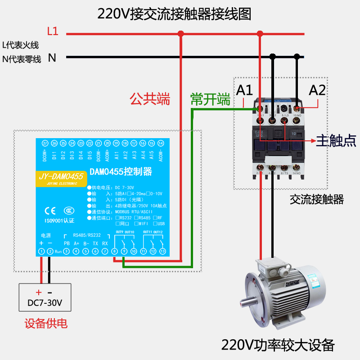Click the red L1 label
(x=53, y=31)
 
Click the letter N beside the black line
(x=52, y=58)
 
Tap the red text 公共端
(x=150, y=99)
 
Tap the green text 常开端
(x=210, y=99)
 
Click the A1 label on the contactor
(x=245, y=90)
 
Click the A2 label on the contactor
(x=317, y=90)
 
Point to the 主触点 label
(x=337, y=140)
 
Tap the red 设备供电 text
(x=46, y=324)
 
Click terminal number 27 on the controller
(x=45, y=143)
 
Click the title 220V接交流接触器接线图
(x=175, y=13)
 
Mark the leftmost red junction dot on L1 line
(x=181, y=33)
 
